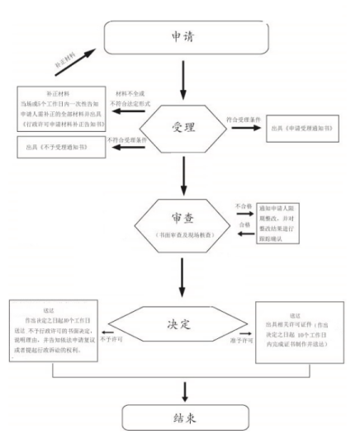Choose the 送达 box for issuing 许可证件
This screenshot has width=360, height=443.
(x=304, y=327)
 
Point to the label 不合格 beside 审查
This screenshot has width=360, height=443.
(x=242, y=205)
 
